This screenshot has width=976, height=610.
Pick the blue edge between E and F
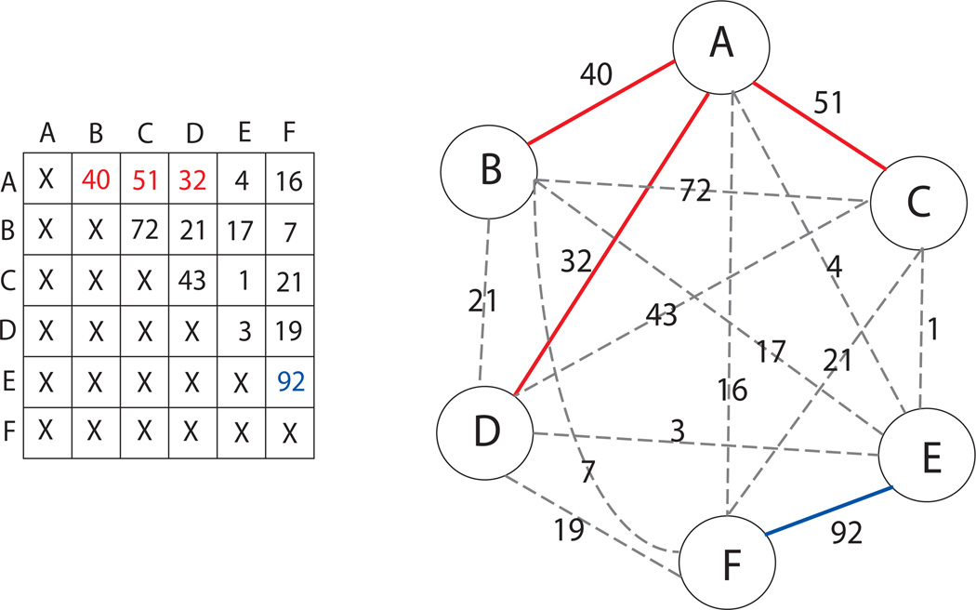pyautogui.click(x=828, y=509)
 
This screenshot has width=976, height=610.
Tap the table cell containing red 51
pyautogui.click(x=144, y=180)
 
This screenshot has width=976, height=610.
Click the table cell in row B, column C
pyautogui.click(x=144, y=229)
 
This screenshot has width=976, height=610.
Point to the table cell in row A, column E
pyautogui.click(x=241, y=180)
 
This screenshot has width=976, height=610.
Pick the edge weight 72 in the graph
pyautogui.click(x=694, y=192)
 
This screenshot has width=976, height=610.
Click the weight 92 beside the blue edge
pyautogui.click(x=847, y=533)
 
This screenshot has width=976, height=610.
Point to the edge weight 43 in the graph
pyautogui.click(x=661, y=316)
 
